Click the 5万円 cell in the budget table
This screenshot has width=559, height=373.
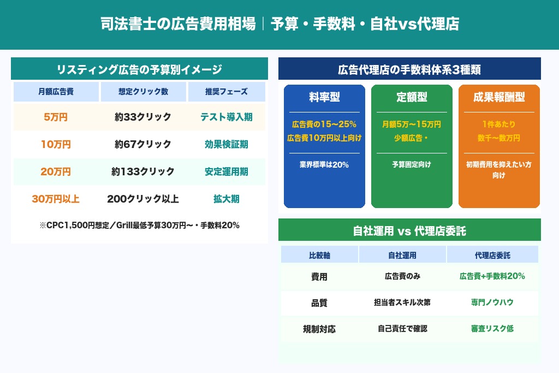point(56,117)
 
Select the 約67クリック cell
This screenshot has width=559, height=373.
point(143,145)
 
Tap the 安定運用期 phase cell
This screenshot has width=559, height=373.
point(226,172)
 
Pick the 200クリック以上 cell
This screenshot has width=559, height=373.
point(143,199)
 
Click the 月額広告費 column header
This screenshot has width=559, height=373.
point(56,92)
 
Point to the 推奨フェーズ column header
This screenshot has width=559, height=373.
point(226,92)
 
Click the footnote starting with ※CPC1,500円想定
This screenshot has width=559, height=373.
point(139,225)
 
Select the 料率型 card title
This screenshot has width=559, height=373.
point(324,98)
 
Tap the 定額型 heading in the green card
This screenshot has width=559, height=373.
point(412,98)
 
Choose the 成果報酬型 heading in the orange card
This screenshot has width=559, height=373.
point(499,98)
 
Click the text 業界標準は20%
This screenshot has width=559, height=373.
point(324,164)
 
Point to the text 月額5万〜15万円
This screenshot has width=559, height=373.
point(412,125)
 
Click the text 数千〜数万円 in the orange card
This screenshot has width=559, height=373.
point(499,138)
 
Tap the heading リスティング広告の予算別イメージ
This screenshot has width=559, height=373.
point(139,69)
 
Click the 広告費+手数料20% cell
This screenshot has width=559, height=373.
point(492,276)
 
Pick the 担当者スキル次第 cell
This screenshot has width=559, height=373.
point(402,303)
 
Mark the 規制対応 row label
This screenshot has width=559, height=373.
point(319,329)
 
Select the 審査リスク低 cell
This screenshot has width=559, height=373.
point(492,329)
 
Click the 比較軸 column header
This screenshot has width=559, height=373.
point(319,255)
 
